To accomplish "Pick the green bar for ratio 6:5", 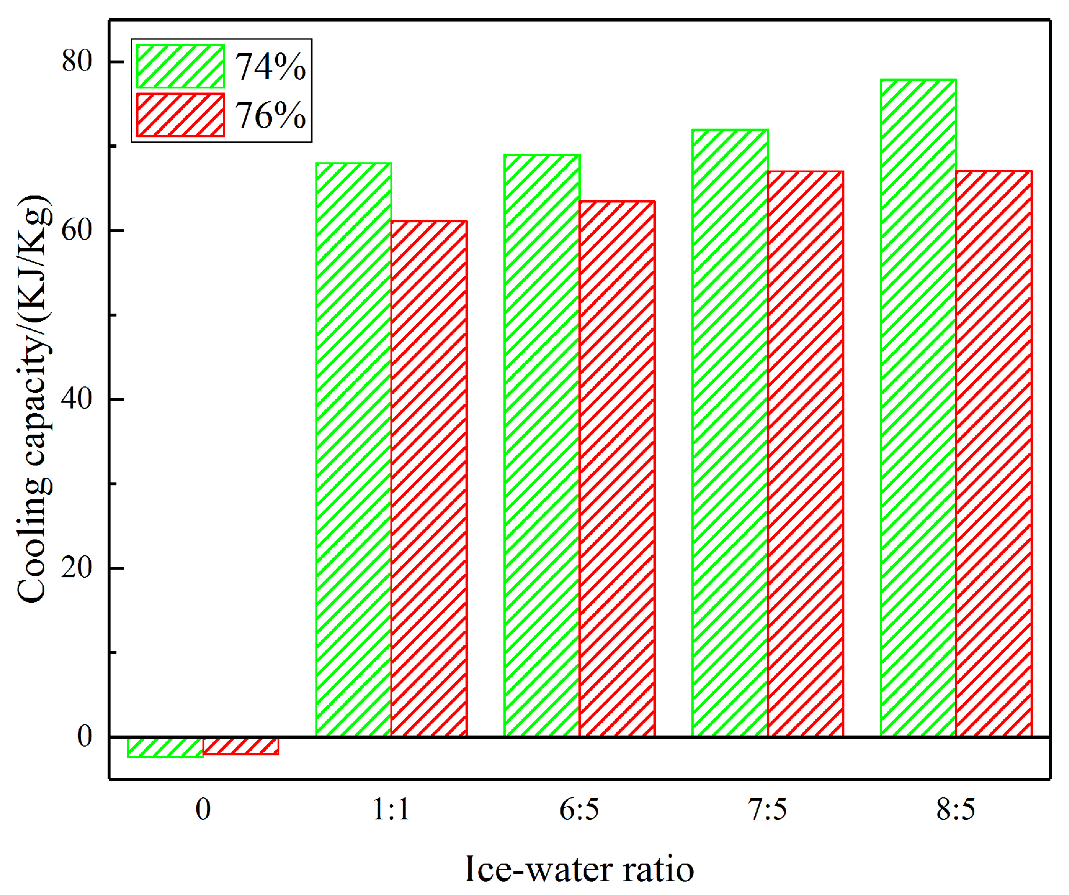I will (x=542, y=445).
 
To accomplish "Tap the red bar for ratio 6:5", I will (x=617, y=468).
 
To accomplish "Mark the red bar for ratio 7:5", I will (x=805, y=453).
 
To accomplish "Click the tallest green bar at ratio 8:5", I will (x=918, y=407).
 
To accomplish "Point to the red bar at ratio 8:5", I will (x=994, y=453).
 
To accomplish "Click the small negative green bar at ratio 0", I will (x=165, y=747).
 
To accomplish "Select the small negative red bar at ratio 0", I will (x=241, y=746).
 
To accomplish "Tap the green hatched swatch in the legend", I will (x=180, y=67).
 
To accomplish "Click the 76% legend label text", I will (x=270, y=115).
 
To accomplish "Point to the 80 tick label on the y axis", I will (x=77, y=62).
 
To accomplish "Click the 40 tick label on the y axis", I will (x=77, y=399).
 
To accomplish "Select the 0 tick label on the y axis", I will (x=85, y=737).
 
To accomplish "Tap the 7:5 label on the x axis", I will (x=768, y=809).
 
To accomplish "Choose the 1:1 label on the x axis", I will (x=391, y=809).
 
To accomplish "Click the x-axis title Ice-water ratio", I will (x=580, y=869).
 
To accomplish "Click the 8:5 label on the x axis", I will (x=956, y=809).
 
